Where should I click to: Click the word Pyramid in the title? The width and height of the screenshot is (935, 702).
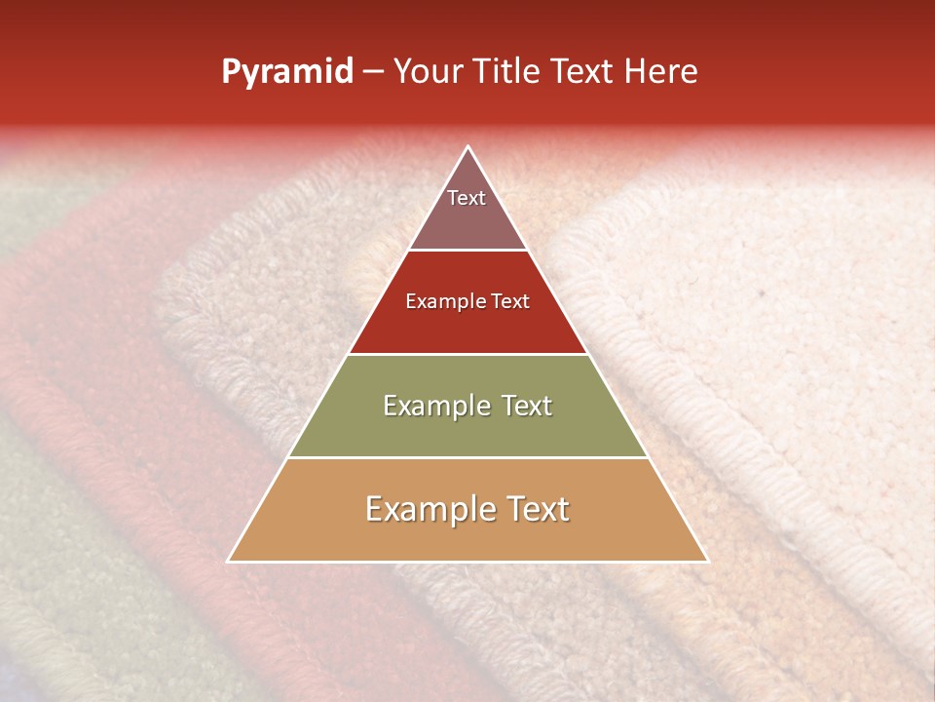pos(286,72)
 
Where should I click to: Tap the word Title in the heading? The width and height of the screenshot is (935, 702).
pos(508,72)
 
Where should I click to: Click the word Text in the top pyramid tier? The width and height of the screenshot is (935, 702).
pos(467,198)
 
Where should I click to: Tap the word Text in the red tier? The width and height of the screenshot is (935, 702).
pos(507,301)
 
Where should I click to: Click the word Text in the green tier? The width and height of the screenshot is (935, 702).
pos(524,406)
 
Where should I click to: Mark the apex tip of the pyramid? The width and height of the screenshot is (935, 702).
pos(467,147)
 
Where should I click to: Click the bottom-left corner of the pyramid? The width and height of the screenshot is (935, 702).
pos(229,561)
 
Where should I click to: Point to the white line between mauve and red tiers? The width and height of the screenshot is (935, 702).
pos(467,251)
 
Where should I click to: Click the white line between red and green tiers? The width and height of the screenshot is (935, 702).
pos(467,354)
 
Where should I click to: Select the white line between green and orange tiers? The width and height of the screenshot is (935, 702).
pos(467,457)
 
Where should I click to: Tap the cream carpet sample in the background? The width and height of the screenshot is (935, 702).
pos(779,292)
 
